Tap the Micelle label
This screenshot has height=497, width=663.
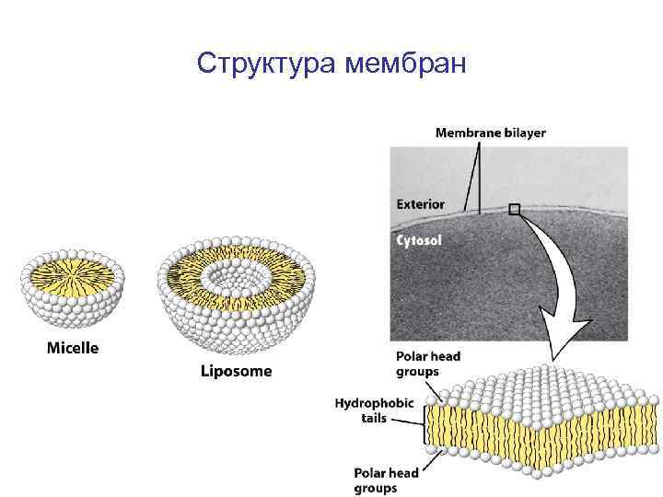click(x=73, y=348)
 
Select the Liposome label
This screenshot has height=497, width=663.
click(x=237, y=371)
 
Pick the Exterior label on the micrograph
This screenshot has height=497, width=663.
click(x=420, y=203)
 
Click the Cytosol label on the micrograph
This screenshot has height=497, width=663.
click(x=419, y=240)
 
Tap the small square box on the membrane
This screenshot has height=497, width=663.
click(x=515, y=210)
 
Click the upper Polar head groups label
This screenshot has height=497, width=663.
click(x=427, y=364)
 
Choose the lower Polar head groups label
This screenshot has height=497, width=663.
click(x=386, y=480)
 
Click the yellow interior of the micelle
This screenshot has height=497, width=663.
click(x=74, y=273)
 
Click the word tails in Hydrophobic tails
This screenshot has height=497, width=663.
click(x=374, y=418)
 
